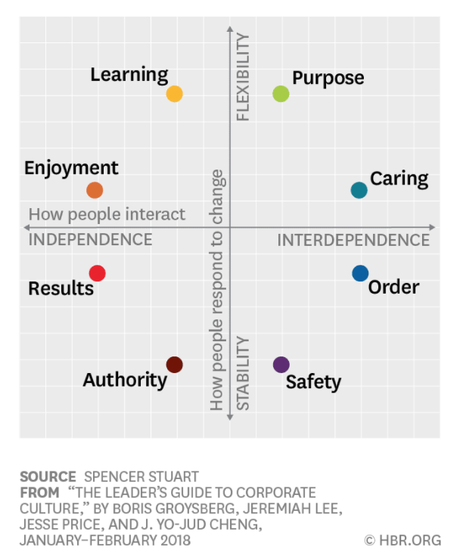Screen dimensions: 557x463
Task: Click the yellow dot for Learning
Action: (x=174, y=94)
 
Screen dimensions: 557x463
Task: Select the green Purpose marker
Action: (x=281, y=94)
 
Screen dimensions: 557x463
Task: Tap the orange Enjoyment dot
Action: (x=95, y=191)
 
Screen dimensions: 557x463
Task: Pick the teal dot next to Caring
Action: (x=359, y=190)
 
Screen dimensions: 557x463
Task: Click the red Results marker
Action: (x=97, y=273)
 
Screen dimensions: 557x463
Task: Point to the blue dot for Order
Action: (x=360, y=273)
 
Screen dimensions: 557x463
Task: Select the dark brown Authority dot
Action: (x=175, y=365)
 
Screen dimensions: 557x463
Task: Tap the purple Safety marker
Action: (x=281, y=365)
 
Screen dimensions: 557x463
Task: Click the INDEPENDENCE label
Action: (x=90, y=240)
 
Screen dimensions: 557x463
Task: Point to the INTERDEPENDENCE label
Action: (x=353, y=241)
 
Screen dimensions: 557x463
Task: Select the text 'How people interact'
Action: (x=107, y=215)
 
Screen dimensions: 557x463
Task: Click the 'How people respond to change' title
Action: (x=218, y=290)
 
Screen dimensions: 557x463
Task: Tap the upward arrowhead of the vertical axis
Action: (x=230, y=30)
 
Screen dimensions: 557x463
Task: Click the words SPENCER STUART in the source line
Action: (x=141, y=477)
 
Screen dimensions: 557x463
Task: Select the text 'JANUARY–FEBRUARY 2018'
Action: (x=105, y=540)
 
